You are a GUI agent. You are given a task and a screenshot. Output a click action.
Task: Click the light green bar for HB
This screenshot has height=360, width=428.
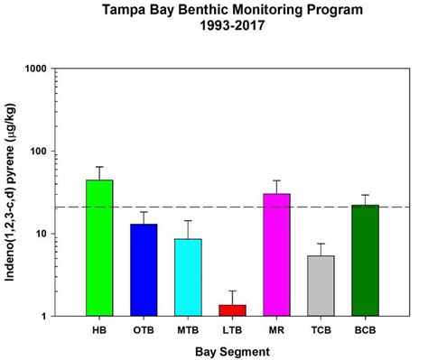(99, 248)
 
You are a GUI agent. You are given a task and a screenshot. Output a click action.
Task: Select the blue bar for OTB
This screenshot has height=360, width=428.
(144, 270)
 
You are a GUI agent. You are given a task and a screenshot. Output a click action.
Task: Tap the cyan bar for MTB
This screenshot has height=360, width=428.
(188, 277)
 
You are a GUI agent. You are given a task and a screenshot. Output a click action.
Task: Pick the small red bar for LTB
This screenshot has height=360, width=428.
(232, 310)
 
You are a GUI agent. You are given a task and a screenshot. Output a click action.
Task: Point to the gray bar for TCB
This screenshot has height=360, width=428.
(321, 285)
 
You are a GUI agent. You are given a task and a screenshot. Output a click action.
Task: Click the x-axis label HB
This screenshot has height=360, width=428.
(99, 329)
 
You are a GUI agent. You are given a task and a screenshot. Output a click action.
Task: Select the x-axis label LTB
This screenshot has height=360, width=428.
(232, 329)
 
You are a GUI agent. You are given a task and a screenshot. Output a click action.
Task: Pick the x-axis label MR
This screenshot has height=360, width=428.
(276, 329)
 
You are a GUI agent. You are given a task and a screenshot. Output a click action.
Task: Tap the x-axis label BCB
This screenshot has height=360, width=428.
(365, 329)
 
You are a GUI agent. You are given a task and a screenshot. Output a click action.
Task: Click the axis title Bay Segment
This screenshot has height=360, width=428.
(232, 350)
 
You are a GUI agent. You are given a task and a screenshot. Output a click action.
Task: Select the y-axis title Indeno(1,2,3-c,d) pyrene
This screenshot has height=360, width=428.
(13, 193)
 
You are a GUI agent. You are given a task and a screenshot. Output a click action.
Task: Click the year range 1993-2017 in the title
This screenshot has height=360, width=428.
(233, 28)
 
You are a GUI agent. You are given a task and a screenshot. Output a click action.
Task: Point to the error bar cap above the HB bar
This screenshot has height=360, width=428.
(99, 167)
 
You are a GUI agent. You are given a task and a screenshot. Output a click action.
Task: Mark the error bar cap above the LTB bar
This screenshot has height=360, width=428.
(232, 291)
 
